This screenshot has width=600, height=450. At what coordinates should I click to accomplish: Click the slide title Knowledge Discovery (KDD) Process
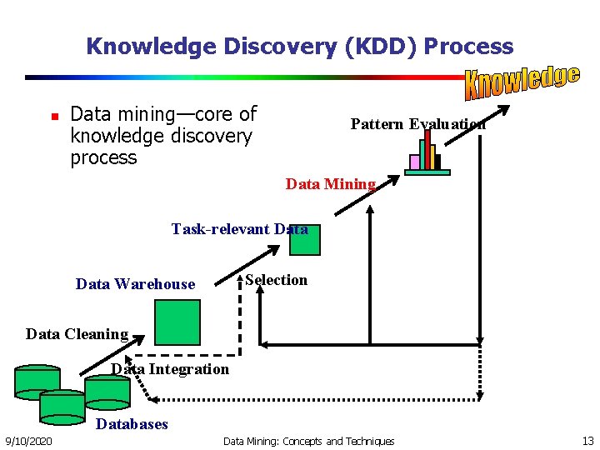[x=299, y=46]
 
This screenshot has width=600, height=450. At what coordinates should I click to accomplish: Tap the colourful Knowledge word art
[x=522, y=80]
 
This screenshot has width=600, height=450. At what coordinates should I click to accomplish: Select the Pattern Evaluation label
[x=417, y=124]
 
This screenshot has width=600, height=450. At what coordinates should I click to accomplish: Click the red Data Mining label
[x=330, y=184]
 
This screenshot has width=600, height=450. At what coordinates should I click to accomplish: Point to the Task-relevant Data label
[x=239, y=228]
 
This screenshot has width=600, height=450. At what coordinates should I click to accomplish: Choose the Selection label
[x=277, y=280]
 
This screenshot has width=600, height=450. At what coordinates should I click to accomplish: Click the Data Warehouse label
[x=135, y=284]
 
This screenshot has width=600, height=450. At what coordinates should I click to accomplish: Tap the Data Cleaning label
[x=77, y=334]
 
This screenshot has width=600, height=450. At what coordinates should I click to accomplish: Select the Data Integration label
[x=170, y=369]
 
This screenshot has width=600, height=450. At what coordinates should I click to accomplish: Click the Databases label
[x=132, y=424]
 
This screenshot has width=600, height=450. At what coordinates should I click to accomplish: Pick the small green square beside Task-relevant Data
[x=305, y=241]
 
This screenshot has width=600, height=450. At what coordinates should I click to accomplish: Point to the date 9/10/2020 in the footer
[x=28, y=441]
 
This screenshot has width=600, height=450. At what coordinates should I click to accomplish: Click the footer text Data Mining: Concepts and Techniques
[x=309, y=441]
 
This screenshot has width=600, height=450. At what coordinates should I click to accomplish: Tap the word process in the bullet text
[x=103, y=157]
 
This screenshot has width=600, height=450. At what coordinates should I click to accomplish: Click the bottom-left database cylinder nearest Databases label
[x=62, y=406]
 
